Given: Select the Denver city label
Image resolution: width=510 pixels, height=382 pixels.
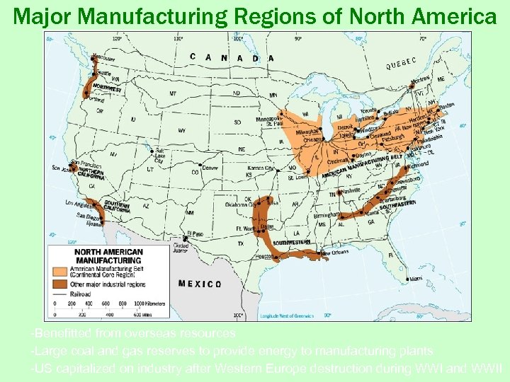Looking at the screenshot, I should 210,168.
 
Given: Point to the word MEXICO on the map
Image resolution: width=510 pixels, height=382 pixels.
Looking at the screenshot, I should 200,284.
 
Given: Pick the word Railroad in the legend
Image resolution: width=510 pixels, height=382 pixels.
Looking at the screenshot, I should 80,293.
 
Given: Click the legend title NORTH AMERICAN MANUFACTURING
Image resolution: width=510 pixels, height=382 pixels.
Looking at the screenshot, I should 108,256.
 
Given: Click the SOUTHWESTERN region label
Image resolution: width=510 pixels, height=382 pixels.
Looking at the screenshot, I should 293,243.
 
